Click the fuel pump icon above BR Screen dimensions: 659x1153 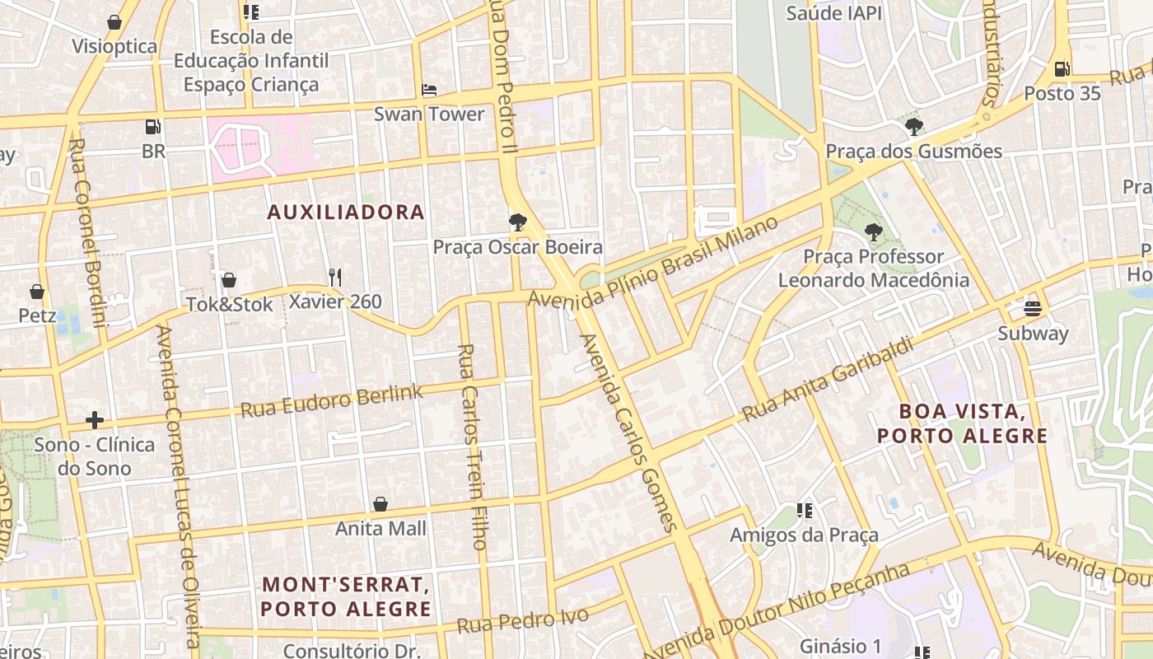[152, 127]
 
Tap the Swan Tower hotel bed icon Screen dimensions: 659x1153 [428, 90]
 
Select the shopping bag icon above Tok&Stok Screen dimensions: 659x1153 [229, 280]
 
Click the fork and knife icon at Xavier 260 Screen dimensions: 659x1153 [334, 277]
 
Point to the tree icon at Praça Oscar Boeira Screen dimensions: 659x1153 [517, 222]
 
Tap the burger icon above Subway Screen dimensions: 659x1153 [1033, 309]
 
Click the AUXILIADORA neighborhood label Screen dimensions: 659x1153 [346, 212]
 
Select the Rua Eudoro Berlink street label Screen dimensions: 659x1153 [332, 400]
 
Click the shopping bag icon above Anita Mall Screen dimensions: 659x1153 [380, 503]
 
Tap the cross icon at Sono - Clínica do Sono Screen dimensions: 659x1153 [95, 420]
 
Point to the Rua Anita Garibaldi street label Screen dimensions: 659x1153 [829, 380]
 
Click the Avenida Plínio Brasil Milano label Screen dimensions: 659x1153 [652, 263]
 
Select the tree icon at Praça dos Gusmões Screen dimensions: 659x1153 [913, 127]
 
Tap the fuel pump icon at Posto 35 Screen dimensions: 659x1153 [1062, 69]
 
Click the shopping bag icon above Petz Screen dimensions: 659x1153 [37, 292]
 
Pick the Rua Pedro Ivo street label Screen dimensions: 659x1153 [523, 620]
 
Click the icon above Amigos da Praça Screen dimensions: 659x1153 [805, 511]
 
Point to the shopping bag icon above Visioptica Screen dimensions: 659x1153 [114, 21]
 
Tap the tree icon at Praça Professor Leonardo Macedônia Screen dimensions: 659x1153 [874, 232]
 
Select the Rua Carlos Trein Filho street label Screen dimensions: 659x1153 [471, 446]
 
